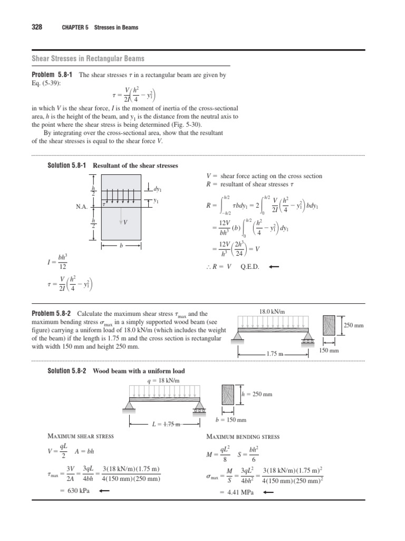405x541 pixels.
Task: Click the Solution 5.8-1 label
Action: click(x=69, y=165)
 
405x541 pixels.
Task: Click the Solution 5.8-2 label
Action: click(x=69, y=371)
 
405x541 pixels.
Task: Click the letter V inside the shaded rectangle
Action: click(x=125, y=222)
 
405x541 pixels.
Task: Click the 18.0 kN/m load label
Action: click(x=273, y=312)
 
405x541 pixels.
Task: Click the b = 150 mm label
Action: click(x=231, y=420)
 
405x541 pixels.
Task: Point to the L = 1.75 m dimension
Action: click(x=164, y=424)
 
